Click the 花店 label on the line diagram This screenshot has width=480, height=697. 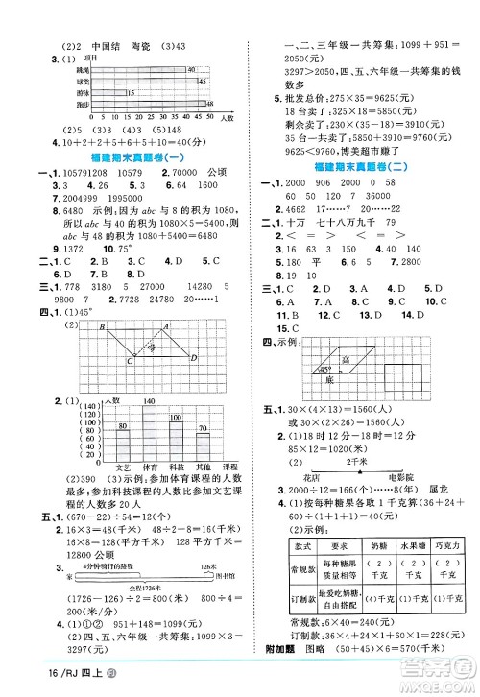pyautogui.click(x=309, y=475)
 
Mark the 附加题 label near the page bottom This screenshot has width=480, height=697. pyautogui.click(x=273, y=673)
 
